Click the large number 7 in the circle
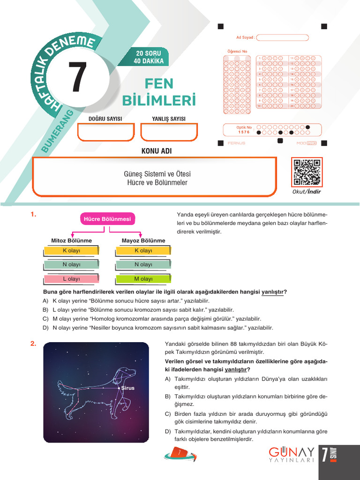tap(78, 78)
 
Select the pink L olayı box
tap(71, 279)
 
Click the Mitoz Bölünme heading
tap(71, 240)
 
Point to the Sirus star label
tap(127, 388)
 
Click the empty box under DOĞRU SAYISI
tap(106, 132)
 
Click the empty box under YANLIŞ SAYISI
tap(169, 132)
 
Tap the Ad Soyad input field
tap(282, 37)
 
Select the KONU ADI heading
tap(157, 151)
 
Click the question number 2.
tap(33, 344)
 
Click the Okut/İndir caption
tap(307, 192)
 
